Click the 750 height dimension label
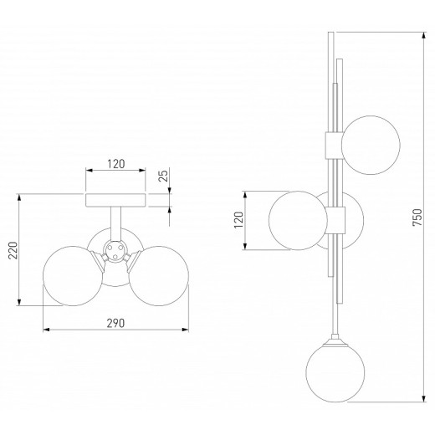click(x=417, y=217)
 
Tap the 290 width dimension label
click(x=115, y=323)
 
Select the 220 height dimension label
click(x=13, y=250)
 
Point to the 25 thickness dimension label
click(x=164, y=176)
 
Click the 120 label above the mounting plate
click(x=116, y=164)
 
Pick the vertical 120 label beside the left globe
click(x=238, y=220)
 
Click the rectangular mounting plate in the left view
click(x=115, y=200)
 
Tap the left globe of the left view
click(x=73, y=276)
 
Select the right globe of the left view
click(x=159, y=276)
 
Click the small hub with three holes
click(x=115, y=250)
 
